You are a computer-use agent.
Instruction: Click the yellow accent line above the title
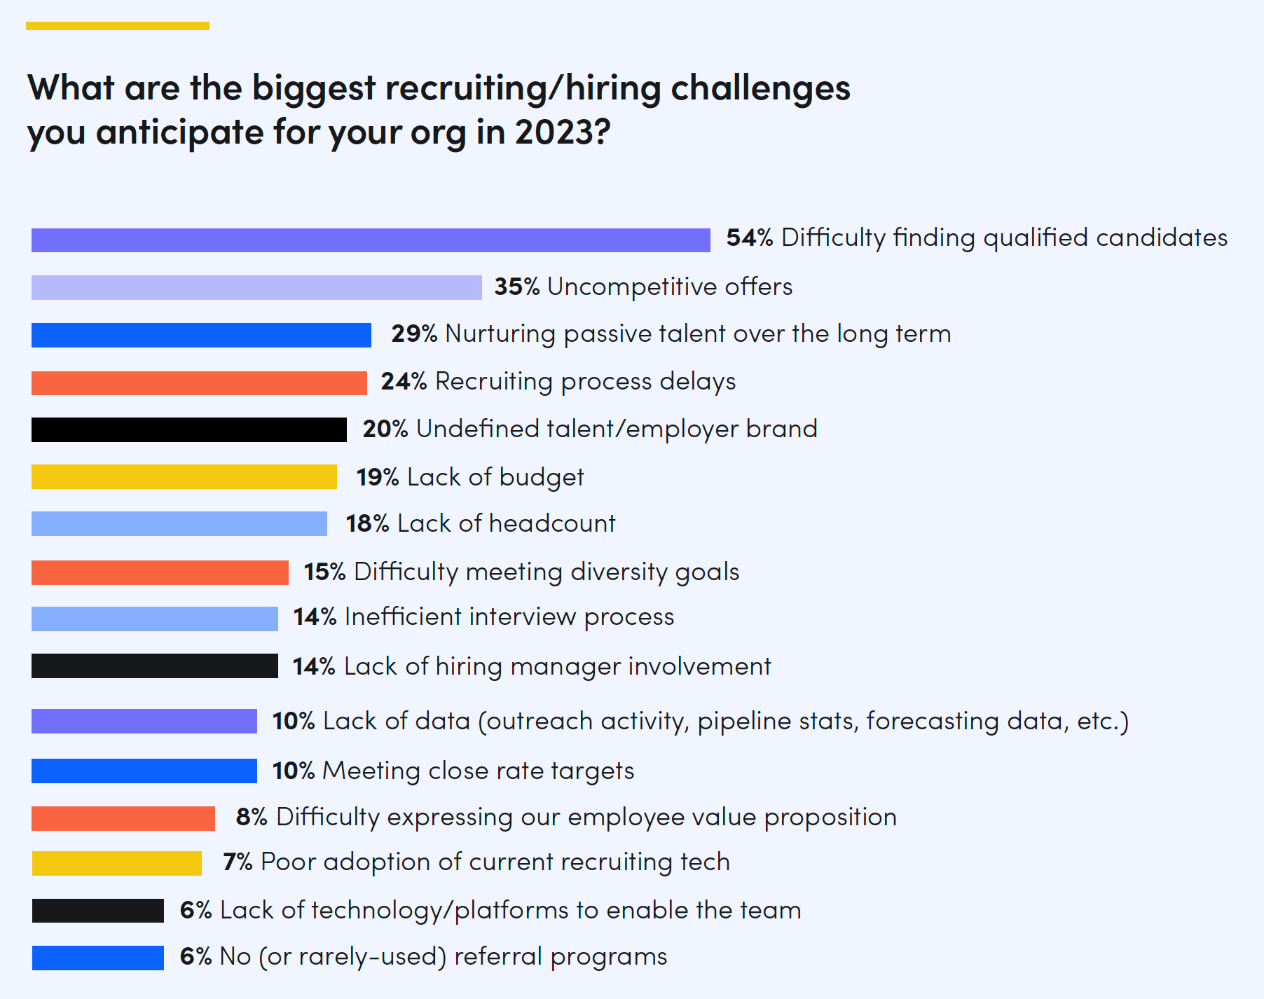point(118,26)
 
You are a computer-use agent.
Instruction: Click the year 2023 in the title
point(554,132)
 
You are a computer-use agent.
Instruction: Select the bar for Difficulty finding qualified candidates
point(370,240)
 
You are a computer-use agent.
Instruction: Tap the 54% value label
point(749,238)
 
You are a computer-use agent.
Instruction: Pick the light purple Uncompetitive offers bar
point(256,287)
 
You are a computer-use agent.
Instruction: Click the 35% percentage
point(516,287)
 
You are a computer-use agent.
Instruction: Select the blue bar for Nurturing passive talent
point(201,335)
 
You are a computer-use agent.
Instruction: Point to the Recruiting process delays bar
point(199,383)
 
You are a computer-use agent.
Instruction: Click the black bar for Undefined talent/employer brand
point(188,429)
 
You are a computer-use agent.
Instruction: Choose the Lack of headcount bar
point(179,523)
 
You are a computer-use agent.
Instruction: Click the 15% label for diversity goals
point(324,572)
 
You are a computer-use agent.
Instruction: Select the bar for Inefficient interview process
point(154,619)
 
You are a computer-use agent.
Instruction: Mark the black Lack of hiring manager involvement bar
point(154,666)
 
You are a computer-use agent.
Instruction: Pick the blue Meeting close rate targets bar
point(144,771)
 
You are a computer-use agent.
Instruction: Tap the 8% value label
point(252,817)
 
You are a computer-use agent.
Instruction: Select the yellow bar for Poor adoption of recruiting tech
point(116,863)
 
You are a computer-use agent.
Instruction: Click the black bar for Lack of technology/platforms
point(97,910)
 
